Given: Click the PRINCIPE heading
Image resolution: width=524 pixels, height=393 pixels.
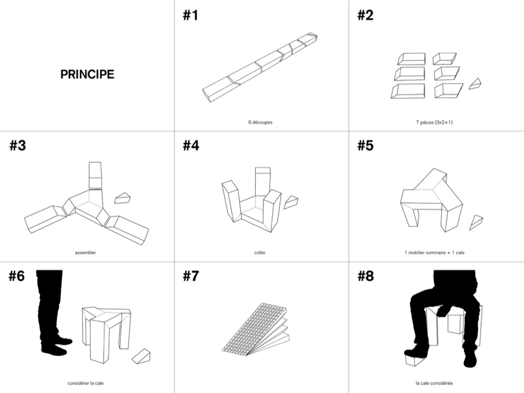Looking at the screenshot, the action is (x=87, y=74).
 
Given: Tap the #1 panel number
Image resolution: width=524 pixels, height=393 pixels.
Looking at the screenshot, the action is (x=191, y=15).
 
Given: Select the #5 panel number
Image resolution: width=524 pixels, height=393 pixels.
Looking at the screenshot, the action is (x=365, y=145).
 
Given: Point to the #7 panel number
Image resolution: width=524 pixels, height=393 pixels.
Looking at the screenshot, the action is (x=191, y=276).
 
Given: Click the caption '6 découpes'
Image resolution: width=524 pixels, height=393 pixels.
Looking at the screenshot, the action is (x=260, y=122).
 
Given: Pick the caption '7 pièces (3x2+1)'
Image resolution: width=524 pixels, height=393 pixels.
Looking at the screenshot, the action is (x=434, y=122).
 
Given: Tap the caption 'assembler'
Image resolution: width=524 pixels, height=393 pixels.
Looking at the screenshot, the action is (x=85, y=252).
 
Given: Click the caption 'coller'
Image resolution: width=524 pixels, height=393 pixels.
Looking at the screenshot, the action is (x=260, y=252).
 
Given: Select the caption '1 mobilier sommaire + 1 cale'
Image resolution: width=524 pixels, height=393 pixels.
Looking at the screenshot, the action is (x=434, y=252).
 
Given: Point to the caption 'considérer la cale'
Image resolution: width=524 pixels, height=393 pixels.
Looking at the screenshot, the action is (x=85, y=383).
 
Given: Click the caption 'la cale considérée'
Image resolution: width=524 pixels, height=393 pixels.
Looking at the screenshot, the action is (x=434, y=383).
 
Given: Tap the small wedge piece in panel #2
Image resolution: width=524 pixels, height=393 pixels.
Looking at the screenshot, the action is (x=475, y=84).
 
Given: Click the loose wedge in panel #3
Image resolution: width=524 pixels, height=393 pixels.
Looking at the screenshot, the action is (x=122, y=198).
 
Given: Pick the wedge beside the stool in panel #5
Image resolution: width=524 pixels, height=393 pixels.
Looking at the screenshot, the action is (x=476, y=222).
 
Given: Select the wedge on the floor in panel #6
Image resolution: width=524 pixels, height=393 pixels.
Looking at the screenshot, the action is (x=141, y=357).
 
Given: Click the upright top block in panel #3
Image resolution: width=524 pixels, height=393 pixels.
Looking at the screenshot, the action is (x=95, y=175).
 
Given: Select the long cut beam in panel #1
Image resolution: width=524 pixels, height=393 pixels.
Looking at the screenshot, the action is (x=260, y=67).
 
